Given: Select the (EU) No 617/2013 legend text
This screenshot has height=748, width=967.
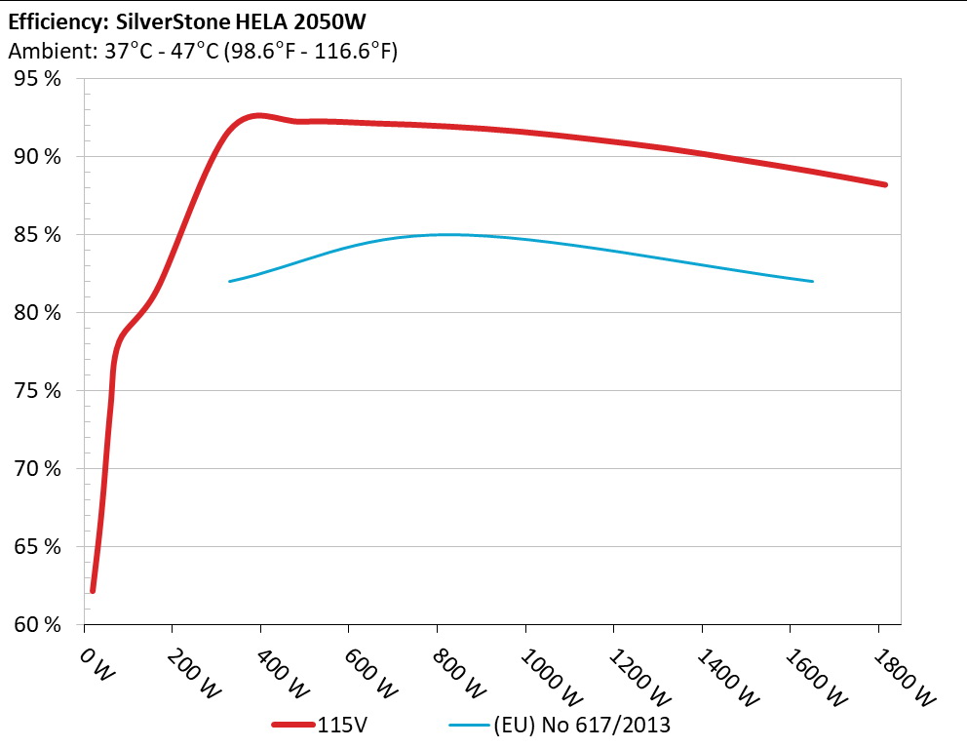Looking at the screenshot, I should pos(582,725).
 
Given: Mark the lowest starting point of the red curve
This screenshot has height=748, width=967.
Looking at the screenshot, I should pos(93,590).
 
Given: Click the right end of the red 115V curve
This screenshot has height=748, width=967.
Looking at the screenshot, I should pos(884,184).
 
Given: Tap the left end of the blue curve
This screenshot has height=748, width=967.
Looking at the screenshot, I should pos(230,281).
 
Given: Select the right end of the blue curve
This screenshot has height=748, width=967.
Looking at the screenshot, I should pos(811,281).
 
